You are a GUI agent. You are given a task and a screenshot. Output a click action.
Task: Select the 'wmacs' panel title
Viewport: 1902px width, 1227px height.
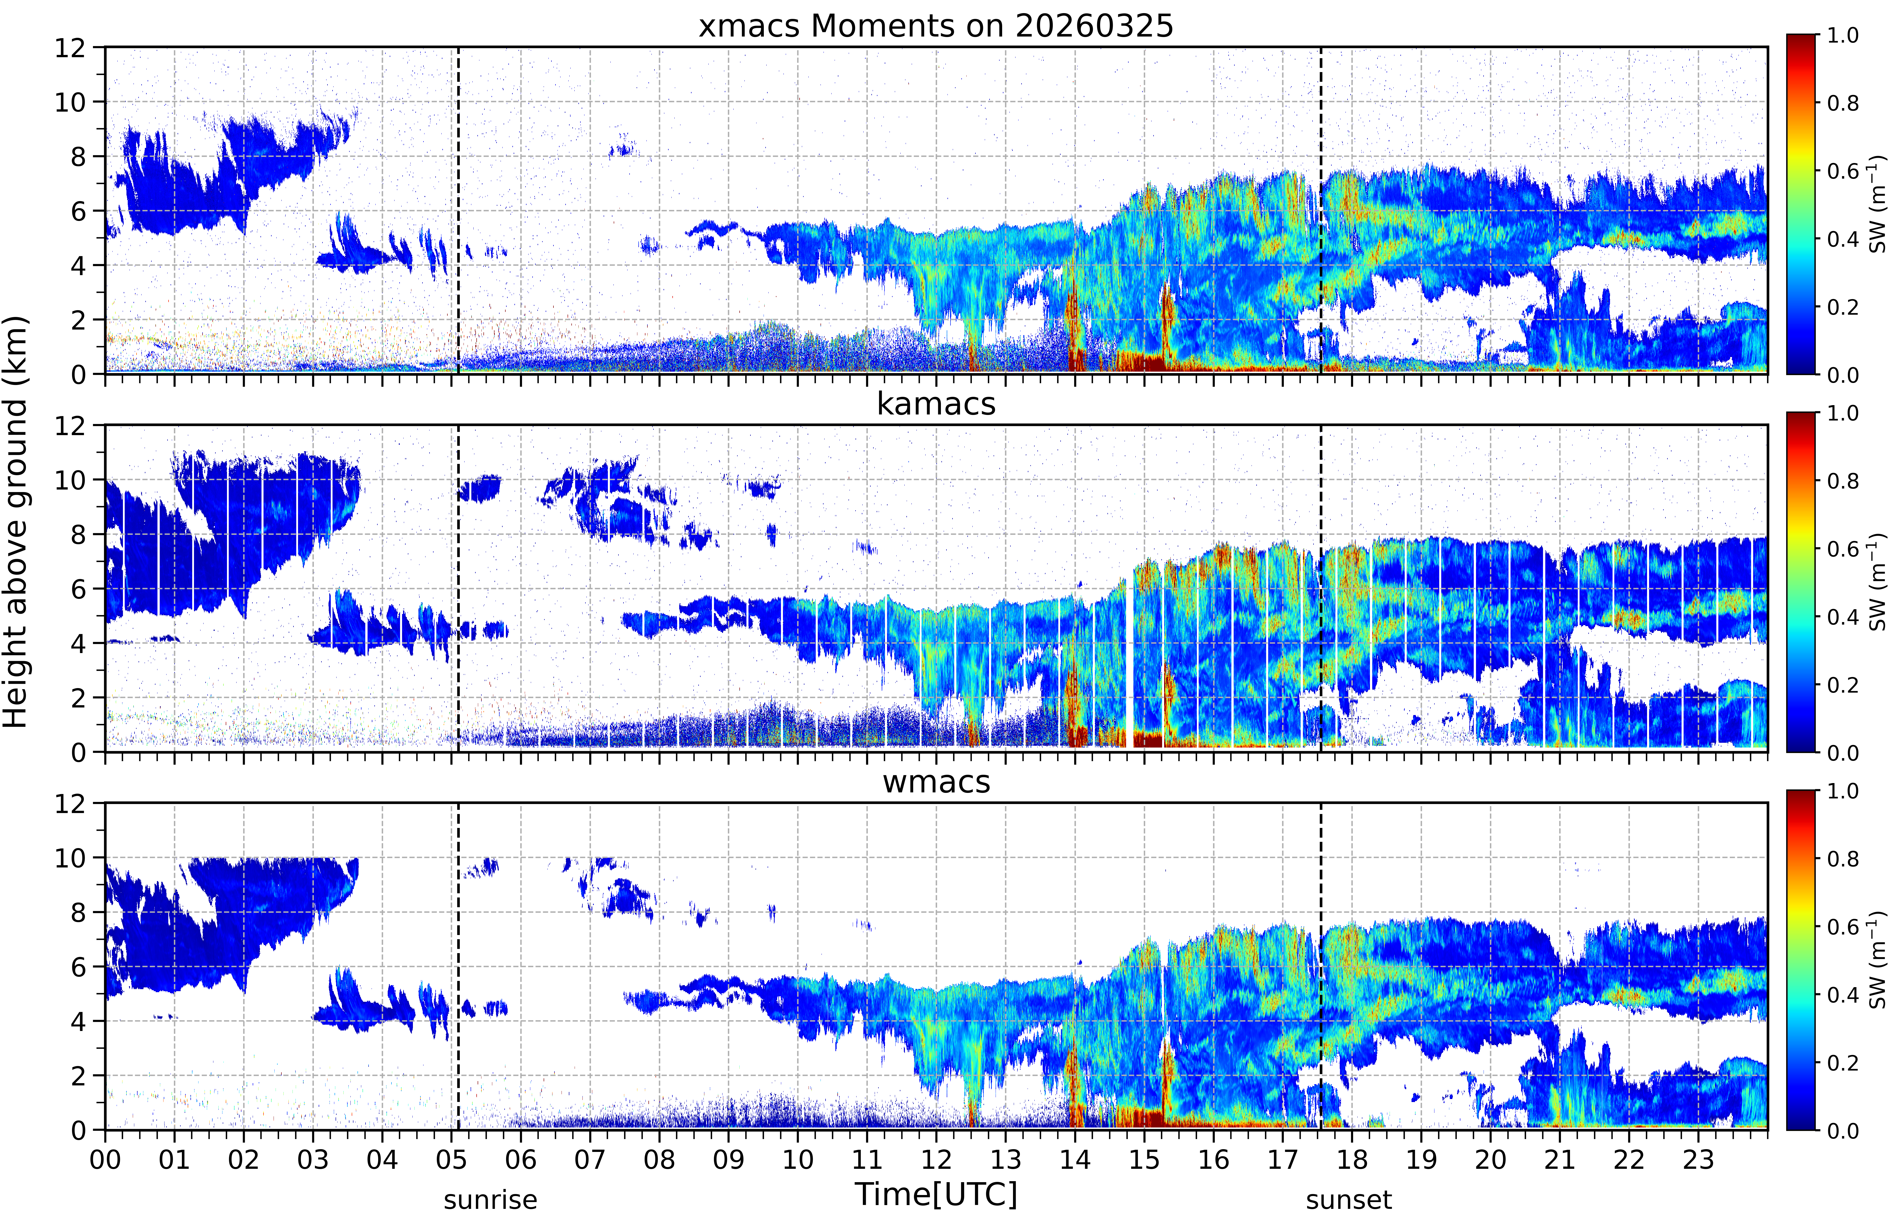click(936, 782)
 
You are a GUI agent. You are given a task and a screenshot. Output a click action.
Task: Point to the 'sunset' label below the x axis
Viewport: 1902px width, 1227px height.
click(1349, 1199)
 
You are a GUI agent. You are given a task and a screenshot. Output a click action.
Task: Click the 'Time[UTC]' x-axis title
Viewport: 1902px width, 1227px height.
click(936, 1194)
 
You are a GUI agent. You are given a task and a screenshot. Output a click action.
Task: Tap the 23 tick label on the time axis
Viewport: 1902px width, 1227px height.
click(1698, 1159)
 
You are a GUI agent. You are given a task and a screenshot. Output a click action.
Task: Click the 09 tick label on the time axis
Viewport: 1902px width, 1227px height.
click(729, 1159)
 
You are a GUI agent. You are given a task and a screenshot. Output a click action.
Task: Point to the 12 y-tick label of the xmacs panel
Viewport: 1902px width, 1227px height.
click(70, 48)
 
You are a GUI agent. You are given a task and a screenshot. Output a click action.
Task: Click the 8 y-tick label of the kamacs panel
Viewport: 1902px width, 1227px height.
click(78, 535)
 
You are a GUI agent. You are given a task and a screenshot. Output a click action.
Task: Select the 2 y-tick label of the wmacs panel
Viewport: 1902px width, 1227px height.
click(78, 1076)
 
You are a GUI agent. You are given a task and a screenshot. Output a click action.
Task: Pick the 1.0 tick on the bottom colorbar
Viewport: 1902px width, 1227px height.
click(1842, 791)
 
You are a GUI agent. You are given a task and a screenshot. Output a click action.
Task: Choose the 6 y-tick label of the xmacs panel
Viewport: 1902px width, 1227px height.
click(78, 211)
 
